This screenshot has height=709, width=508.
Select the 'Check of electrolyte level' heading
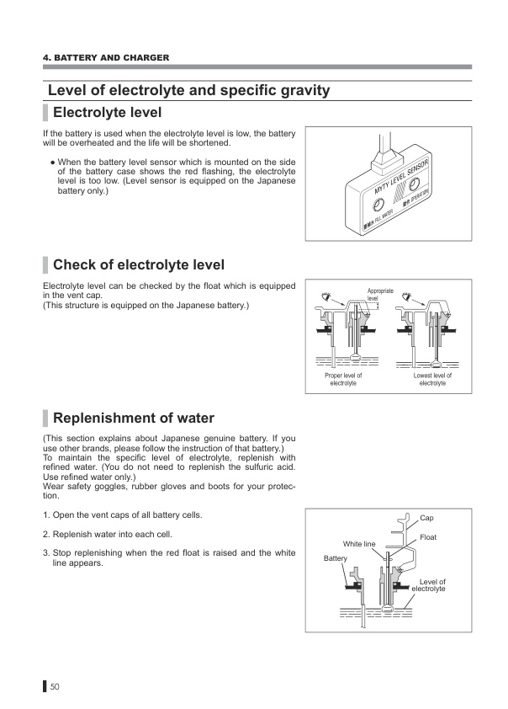[x=138, y=265]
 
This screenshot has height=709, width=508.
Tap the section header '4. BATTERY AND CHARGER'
[x=106, y=57]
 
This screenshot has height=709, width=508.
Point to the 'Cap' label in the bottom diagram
[x=427, y=517]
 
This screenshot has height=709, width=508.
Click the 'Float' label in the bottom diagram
[x=429, y=536]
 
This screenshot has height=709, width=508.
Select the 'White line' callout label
[x=359, y=544]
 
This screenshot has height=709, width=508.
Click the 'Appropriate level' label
[x=380, y=294]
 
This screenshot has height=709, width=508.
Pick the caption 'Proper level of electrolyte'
[x=343, y=379]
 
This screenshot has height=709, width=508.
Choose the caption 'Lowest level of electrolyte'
[x=432, y=379]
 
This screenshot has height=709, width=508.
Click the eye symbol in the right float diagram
[x=406, y=296]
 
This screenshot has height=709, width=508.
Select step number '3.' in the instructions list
[x=45, y=552]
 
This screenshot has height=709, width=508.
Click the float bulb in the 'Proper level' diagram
[x=355, y=363]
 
